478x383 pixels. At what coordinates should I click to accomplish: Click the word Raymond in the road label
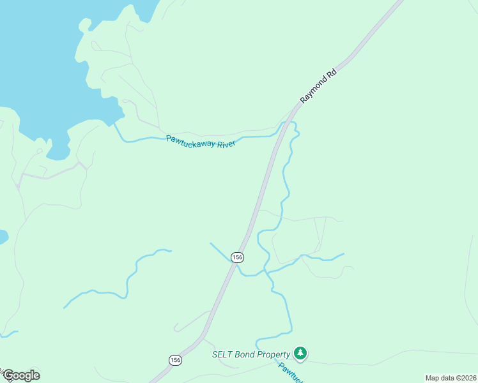click(x=313, y=91)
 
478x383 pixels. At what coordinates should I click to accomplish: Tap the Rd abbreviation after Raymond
click(x=331, y=73)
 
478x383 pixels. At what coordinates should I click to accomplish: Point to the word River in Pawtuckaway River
click(x=227, y=144)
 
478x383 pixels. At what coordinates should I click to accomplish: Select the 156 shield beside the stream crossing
click(x=237, y=257)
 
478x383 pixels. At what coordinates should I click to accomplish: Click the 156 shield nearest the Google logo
click(x=176, y=360)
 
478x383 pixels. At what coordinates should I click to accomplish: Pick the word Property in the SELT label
click(x=275, y=354)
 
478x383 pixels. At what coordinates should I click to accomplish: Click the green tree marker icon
click(x=300, y=353)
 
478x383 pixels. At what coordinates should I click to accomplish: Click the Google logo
click(x=21, y=375)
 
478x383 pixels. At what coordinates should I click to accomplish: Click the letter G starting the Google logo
click(x=8, y=375)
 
